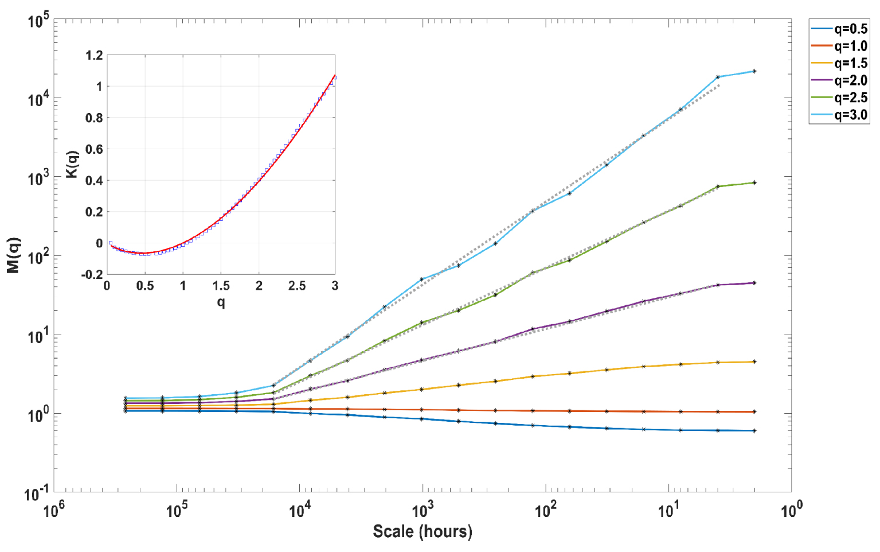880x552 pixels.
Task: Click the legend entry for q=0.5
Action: coord(839,29)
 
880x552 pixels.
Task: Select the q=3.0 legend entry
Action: coord(839,115)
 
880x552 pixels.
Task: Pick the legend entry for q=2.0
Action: coord(839,80)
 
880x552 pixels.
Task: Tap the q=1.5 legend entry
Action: coord(839,63)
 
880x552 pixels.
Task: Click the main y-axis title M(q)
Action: coord(14,255)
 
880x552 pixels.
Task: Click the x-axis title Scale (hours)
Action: coord(423,531)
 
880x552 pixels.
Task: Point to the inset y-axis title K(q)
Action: coord(73,165)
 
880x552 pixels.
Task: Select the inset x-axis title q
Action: coord(221,302)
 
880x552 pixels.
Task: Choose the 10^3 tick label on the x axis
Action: coord(423,511)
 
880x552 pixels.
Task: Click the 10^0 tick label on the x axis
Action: coord(791,511)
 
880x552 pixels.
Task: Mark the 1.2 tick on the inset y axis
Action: coord(94,55)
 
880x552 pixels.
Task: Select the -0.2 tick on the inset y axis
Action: coord(92,274)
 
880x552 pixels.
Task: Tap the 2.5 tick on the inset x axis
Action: coord(297,285)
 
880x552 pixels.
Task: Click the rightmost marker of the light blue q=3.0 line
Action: coord(754,71)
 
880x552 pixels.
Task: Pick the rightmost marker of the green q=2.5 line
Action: coord(754,182)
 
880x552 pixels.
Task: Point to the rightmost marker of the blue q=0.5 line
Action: coord(754,430)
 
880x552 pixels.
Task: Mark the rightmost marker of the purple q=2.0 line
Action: coord(754,283)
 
